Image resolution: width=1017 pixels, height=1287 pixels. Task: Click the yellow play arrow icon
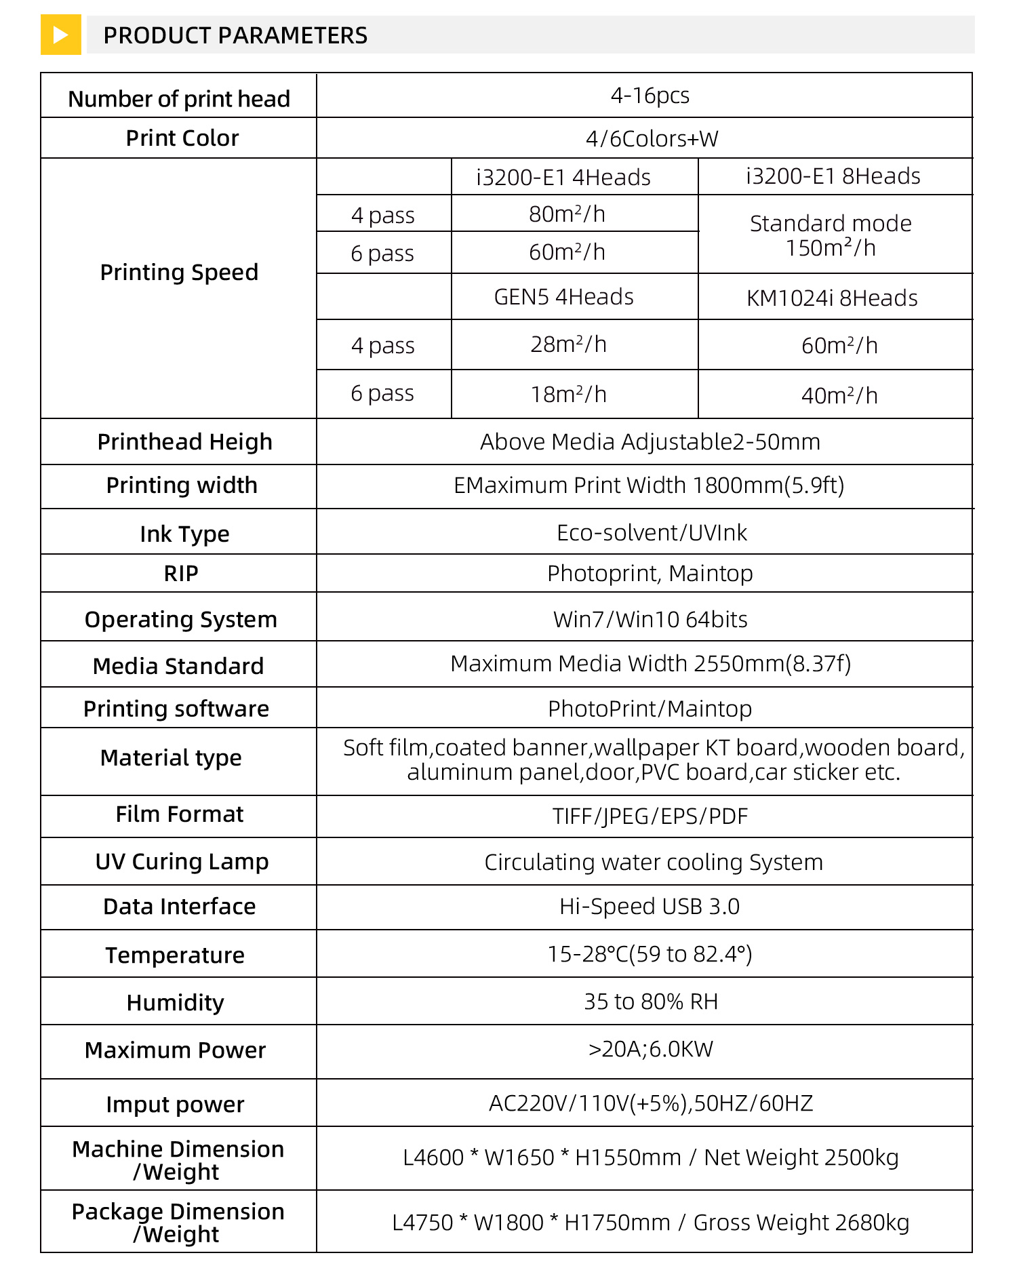click(x=60, y=35)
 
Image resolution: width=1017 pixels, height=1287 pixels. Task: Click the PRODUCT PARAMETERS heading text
click(x=235, y=35)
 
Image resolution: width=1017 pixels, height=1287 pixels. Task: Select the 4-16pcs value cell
click(x=650, y=96)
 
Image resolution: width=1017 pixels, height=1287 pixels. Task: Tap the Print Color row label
click(x=182, y=138)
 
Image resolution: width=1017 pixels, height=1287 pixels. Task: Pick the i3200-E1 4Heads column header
click(x=563, y=178)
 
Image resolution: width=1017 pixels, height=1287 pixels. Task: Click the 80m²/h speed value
click(x=567, y=214)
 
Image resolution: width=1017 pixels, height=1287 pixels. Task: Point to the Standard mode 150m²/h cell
click(x=831, y=235)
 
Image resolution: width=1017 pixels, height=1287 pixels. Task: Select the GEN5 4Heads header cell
click(x=563, y=297)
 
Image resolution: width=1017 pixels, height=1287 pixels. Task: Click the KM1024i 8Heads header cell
click(x=832, y=298)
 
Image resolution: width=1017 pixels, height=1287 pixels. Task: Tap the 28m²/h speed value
click(x=568, y=344)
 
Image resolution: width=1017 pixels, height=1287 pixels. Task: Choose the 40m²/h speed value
click(x=839, y=395)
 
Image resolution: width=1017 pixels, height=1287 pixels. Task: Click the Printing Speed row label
click(x=179, y=273)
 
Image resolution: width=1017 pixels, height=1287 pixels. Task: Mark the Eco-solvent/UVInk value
click(x=652, y=533)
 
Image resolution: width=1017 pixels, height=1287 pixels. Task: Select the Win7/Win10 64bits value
click(x=650, y=620)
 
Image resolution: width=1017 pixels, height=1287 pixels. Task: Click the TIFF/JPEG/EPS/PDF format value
click(x=650, y=816)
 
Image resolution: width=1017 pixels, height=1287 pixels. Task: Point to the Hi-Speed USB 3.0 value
click(x=650, y=907)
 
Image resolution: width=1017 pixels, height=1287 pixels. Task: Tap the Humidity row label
click(x=175, y=1003)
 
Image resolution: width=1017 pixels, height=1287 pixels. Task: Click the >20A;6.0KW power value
click(x=650, y=1050)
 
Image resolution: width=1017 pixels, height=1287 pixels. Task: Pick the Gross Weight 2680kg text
click(x=801, y=1223)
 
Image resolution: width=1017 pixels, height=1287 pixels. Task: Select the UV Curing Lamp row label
click(x=182, y=862)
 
